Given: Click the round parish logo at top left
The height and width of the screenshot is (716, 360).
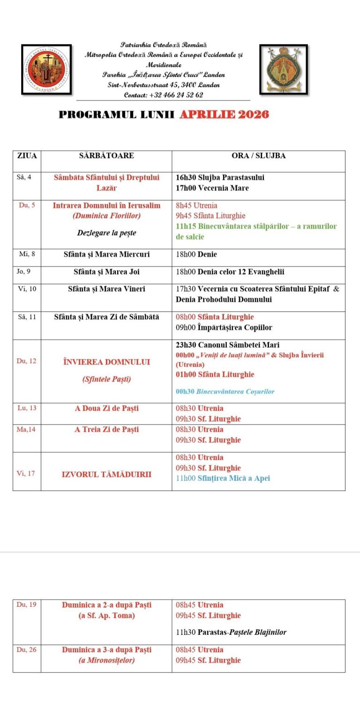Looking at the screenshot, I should click(46, 69).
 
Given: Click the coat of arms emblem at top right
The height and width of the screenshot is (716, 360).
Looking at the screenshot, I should click(284, 69).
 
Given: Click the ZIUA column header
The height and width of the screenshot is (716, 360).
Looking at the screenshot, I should click(27, 156).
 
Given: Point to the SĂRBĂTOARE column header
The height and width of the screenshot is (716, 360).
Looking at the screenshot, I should click(106, 156).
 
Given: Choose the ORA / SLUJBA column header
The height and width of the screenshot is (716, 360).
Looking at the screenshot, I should click(258, 156).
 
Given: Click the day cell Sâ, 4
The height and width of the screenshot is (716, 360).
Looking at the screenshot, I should click(24, 177).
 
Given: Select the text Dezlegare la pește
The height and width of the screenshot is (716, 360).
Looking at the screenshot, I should click(106, 233).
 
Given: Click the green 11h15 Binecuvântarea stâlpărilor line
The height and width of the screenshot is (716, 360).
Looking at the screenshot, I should click(256, 231).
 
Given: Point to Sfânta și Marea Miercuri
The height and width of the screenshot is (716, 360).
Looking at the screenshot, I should click(106, 255).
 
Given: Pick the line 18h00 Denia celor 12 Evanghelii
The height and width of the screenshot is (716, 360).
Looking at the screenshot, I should click(230, 272).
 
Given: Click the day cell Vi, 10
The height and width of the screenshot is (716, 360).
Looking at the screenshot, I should click(26, 289).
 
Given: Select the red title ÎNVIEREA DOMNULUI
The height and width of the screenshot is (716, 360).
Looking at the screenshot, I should click(106, 362).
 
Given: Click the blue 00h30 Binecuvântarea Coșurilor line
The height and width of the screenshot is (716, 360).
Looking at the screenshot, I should click(225, 392).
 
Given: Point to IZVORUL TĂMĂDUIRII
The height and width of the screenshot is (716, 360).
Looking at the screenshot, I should click(106, 475).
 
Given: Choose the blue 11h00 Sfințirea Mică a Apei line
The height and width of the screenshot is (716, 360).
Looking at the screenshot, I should click(223, 478).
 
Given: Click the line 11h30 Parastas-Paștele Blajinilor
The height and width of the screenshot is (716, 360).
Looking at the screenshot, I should click(231, 632).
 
